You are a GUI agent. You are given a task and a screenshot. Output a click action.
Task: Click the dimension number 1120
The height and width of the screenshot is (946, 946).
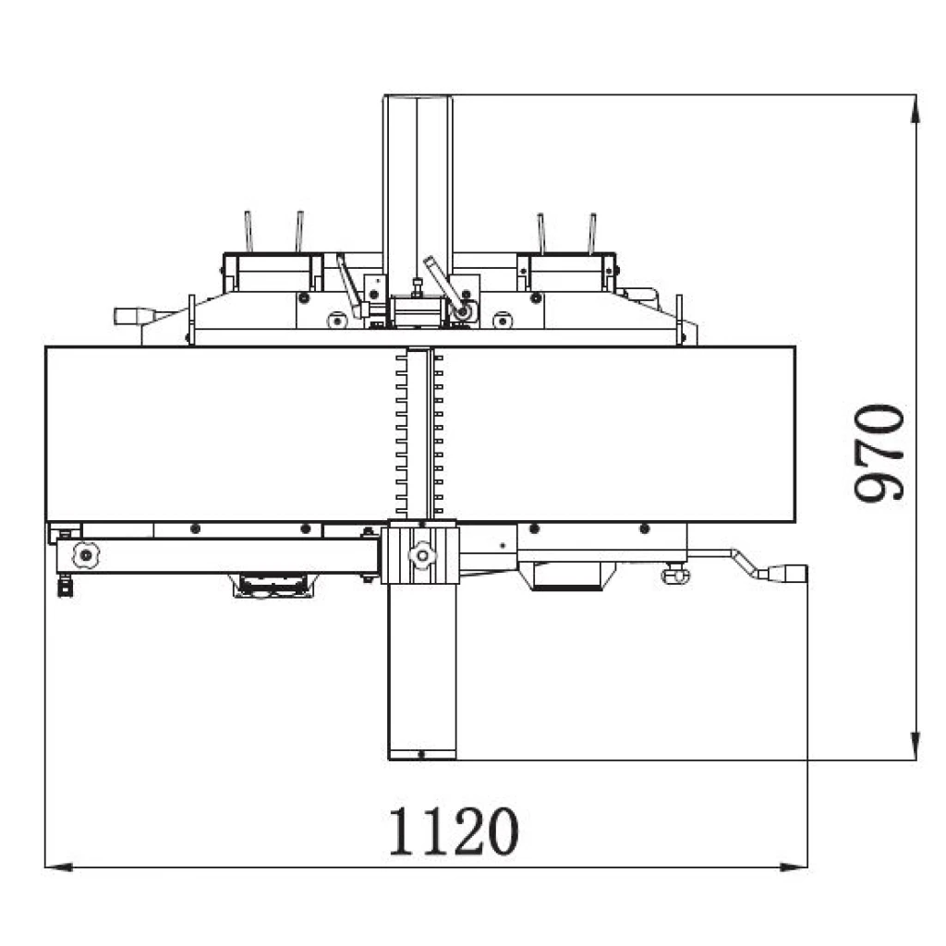tap(453, 832)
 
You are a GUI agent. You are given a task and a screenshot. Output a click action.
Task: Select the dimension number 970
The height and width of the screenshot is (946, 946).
tap(879, 452)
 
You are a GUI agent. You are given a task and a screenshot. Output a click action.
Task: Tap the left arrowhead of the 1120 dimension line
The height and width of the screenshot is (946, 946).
tap(59, 867)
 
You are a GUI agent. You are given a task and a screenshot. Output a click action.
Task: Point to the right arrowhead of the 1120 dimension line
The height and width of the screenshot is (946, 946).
tap(793, 867)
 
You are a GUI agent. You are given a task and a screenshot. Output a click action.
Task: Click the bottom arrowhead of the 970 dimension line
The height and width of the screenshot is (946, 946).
tap(916, 746)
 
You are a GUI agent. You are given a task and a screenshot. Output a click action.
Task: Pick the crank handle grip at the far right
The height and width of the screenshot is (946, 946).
tap(787, 573)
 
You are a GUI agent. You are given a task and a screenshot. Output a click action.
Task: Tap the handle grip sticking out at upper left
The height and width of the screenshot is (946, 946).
tap(135, 316)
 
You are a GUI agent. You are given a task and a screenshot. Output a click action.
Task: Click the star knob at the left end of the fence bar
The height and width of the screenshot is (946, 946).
tap(86, 554)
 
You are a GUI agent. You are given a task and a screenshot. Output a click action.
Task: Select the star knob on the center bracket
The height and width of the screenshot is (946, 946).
tap(421, 554)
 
